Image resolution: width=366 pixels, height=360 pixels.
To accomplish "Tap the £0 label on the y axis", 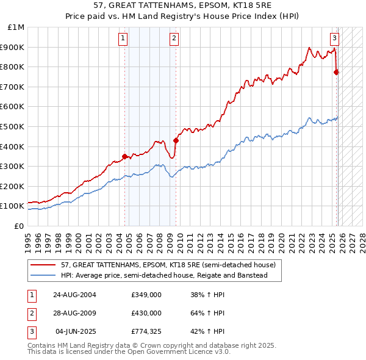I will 20,226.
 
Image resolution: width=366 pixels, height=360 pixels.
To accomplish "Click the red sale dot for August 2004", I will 125,156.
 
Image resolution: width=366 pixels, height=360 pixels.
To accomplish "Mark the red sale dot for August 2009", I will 176,140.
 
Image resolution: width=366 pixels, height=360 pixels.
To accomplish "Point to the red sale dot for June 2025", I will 336,72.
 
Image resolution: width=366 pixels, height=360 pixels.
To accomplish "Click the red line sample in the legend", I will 43,265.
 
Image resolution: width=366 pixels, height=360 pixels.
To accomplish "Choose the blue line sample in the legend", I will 43,276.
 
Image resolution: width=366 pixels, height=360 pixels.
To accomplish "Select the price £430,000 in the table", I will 146,313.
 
